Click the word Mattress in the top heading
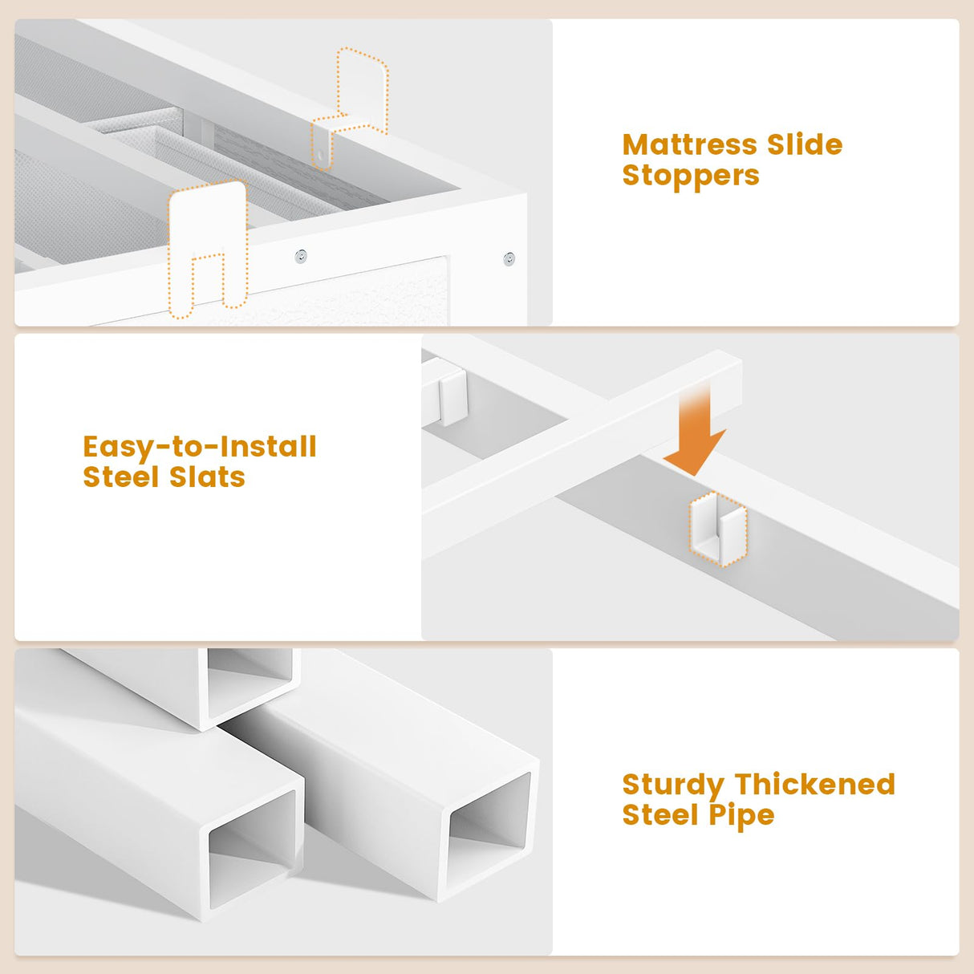pos(690,144)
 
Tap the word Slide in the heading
pos(805,144)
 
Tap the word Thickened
pos(815,785)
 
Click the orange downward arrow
pos(696,429)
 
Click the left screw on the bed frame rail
pos(301,257)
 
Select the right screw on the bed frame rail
pos(509,259)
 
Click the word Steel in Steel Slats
pos(121,477)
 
